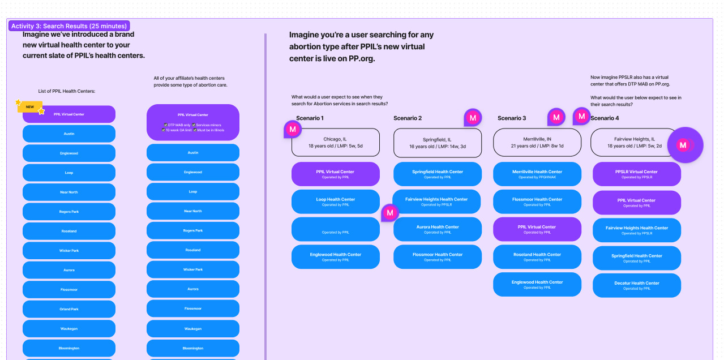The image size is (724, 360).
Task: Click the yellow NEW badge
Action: coord(30,107)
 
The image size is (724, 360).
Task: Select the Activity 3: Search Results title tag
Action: coord(68,26)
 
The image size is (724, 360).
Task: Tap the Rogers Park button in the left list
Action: coord(68,212)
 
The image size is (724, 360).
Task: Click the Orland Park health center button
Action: coord(68,309)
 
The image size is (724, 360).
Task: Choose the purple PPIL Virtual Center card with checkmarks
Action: coord(192,122)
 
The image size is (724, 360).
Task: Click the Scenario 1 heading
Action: coord(310,118)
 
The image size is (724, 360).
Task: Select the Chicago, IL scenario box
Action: coord(336,143)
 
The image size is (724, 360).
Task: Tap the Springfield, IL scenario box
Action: coord(437,143)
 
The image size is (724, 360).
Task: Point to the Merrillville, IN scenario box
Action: coord(537,142)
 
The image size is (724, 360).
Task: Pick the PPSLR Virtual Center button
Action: coord(636,174)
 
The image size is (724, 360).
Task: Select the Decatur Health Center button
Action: coord(636,286)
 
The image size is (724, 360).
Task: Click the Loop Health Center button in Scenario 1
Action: coord(335,202)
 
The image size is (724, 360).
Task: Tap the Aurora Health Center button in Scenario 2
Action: coord(437,229)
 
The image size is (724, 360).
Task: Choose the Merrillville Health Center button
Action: coord(537,174)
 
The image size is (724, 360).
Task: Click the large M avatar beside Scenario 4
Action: coord(684,145)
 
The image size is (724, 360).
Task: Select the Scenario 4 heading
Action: coord(605,118)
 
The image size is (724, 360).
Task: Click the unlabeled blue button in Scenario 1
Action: coord(335,229)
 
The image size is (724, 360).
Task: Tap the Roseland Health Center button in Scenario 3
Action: coord(537,257)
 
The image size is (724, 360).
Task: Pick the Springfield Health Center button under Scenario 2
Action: coord(437,174)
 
